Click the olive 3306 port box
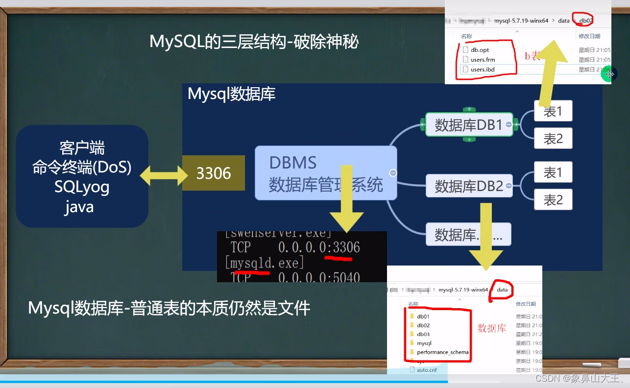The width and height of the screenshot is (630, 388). (x=213, y=173)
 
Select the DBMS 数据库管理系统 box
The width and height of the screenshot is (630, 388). (x=325, y=173)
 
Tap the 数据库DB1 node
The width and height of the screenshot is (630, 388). (x=469, y=125)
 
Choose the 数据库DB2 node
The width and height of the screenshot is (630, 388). (x=469, y=186)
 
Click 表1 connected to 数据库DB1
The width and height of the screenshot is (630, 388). (x=553, y=111)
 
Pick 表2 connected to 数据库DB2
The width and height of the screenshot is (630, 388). (x=553, y=199)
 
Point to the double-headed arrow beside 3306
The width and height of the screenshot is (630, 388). (x=165, y=173)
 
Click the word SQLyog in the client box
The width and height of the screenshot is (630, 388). (x=82, y=187)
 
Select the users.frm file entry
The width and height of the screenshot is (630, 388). (x=483, y=60)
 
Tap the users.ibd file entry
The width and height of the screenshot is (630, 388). (x=482, y=70)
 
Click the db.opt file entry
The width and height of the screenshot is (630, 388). (x=480, y=50)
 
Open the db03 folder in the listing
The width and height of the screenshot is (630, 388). (x=424, y=334)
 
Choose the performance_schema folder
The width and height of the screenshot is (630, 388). (x=442, y=352)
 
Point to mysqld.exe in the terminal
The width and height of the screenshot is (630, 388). (x=265, y=263)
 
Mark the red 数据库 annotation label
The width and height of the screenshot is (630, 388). (x=492, y=329)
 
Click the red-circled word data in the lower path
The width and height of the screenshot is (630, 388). (x=502, y=290)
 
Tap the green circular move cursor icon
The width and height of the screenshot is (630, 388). (x=609, y=74)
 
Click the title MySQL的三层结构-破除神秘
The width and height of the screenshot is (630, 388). (x=254, y=42)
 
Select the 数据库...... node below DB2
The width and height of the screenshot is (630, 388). (x=468, y=235)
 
